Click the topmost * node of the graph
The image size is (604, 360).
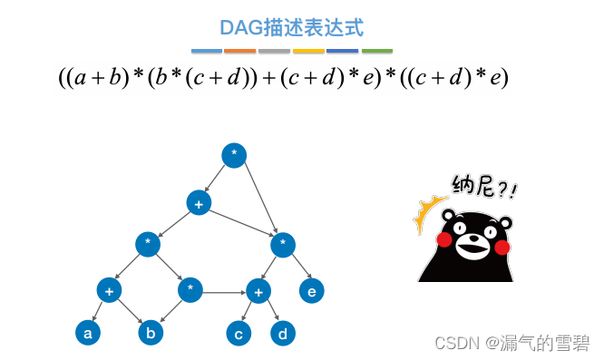pyautogui.click(x=234, y=155)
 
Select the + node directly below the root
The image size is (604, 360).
pyautogui.click(x=199, y=203)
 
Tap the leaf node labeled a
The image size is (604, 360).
pyautogui.click(x=87, y=334)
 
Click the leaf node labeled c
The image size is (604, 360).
pyautogui.click(x=239, y=334)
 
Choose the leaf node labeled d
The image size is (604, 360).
pyautogui.click(x=283, y=334)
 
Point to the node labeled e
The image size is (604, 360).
pyautogui.click(x=312, y=291)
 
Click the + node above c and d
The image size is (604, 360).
pyautogui.click(x=258, y=291)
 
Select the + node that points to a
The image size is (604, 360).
pyautogui.click(x=109, y=291)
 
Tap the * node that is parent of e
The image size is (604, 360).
pyautogui.click(x=283, y=243)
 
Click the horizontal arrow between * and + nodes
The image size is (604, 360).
pyautogui.click(x=224, y=292)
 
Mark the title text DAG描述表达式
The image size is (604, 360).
pyautogui.click(x=292, y=27)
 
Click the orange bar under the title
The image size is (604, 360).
pyautogui.click(x=239, y=51)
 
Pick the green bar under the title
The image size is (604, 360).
pyautogui.click(x=377, y=51)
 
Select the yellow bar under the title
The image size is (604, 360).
pyautogui.click(x=308, y=51)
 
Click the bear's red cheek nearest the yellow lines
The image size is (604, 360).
pyautogui.click(x=445, y=238)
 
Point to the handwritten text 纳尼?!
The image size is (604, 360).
pyautogui.click(x=485, y=188)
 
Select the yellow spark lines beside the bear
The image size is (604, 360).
pyautogui.click(x=425, y=217)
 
